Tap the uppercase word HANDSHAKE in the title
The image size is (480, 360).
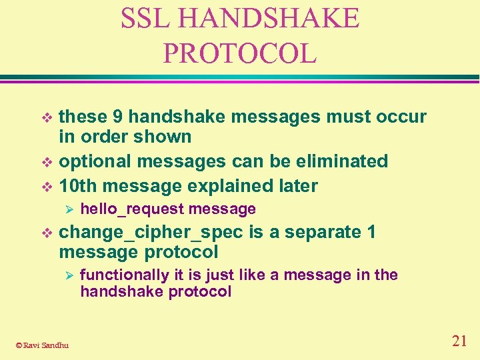pyautogui.click(x=269, y=19)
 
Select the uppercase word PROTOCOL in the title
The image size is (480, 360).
pyautogui.click(x=240, y=53)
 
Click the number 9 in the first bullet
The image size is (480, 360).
pyautogui.click(x=117, y=117)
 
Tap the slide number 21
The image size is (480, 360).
pyautogui.click(x=459, y=341)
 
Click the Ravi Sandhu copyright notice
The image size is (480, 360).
pyautogui.click(x=41, y=345)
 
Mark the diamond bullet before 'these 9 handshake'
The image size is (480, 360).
pyautogui.click(x=46, y=117)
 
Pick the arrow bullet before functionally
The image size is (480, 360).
pyautogui.click(x=65, y=275)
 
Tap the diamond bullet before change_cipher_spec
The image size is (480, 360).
pyautogui.click(x=46, y=233)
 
